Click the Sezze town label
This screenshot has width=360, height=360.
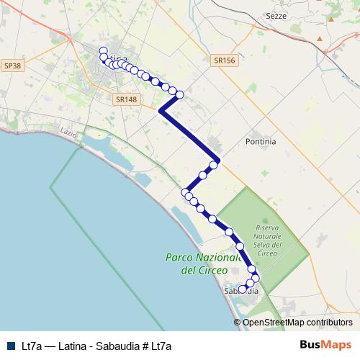click(296, 15)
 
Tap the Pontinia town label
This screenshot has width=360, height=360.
click(261, 142)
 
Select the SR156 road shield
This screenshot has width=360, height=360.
click(225, 61)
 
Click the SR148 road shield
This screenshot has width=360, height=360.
click(125, 100)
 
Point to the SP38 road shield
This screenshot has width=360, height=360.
click(12, 66)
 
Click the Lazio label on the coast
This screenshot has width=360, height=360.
click(68, 133)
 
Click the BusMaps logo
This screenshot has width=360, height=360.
click(325, 345)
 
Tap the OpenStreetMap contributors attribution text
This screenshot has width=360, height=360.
click(297, 323)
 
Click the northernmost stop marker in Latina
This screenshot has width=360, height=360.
click(103, 51)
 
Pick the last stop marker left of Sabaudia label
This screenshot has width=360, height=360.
click(243, 289)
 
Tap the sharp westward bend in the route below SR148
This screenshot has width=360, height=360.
click(160, 111)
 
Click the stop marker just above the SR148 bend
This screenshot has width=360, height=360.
click(180, 94)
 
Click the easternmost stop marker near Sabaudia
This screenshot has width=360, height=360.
click(256, 278)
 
